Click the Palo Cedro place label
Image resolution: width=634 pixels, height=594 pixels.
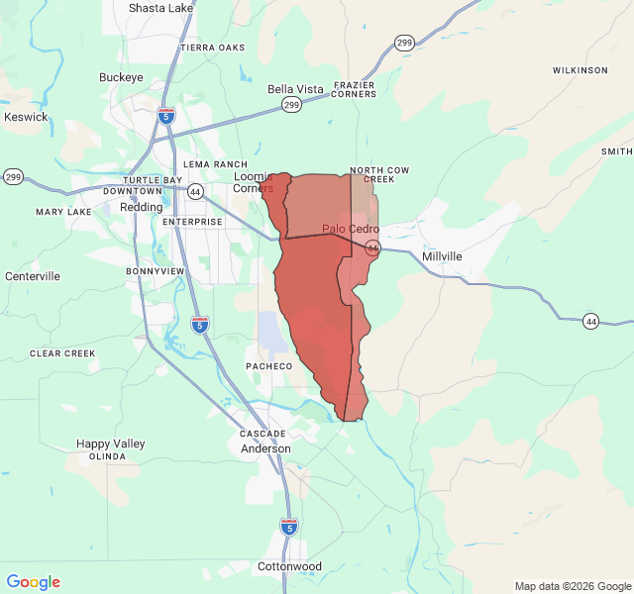(350, 229)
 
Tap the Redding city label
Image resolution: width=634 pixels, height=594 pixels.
(141, 207)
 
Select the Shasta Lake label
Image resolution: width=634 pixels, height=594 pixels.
(160, 8)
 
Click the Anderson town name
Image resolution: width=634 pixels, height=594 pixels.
(266, 448)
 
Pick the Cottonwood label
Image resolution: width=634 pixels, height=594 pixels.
(289, 566)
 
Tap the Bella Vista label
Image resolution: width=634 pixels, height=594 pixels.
(295, 89)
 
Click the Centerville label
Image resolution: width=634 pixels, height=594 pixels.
(33, 276)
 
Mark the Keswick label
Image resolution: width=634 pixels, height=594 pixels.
(26, 117)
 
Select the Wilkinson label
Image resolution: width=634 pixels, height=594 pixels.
(580, 70)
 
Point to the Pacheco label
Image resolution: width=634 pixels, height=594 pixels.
(268, 366)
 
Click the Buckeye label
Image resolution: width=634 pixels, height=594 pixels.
(121, 77)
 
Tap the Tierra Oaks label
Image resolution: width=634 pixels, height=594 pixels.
(212, 48)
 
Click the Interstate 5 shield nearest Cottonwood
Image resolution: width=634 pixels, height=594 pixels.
(288, 526)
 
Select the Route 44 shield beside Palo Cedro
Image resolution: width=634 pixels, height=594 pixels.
(371, 247)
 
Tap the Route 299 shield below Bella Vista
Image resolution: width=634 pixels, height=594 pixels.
(291, 104)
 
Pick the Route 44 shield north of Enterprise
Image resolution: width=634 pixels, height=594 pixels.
(195, 191)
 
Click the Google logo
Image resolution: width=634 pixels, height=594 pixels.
(33, 582)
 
